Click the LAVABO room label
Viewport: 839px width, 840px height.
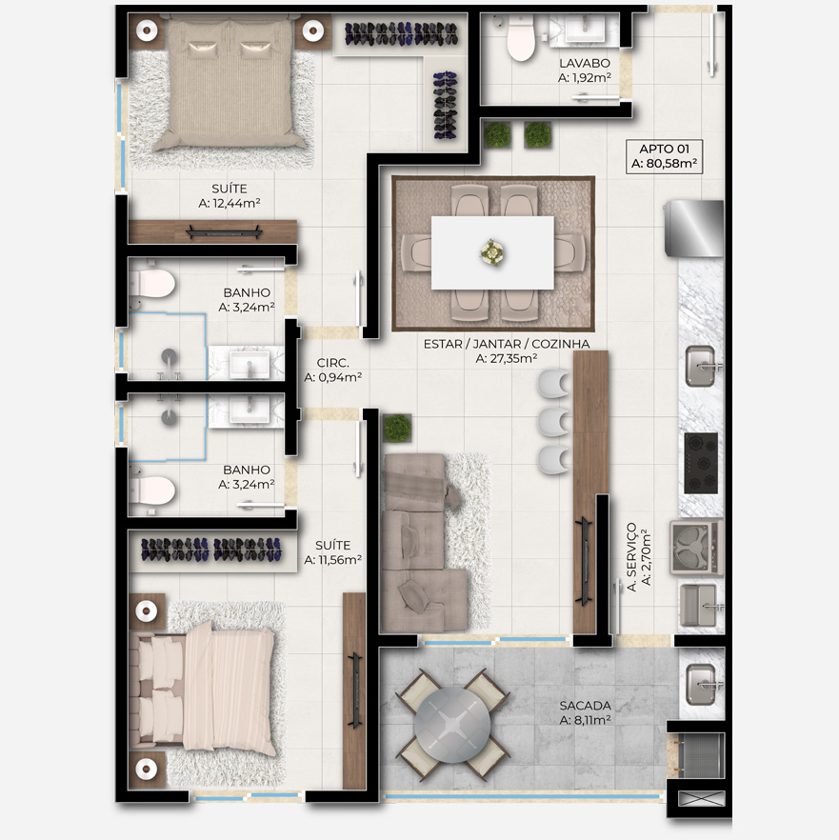(585, 63)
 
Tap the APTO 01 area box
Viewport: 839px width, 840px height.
(664, 156)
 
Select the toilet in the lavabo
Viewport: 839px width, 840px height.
(520, 38)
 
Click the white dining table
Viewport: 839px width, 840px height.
(492, 252)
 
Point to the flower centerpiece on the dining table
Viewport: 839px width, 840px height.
(491, 252)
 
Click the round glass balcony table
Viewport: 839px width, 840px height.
(452, 725)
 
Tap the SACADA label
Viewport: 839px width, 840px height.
(585, 706)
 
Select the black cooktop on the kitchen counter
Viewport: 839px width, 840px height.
(701, 463)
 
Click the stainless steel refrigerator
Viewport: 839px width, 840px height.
(694, 229)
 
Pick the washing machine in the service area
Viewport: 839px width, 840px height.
(696, 547)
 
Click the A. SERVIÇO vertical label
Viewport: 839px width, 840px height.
(632, 557)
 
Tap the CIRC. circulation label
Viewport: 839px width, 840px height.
(332, 363)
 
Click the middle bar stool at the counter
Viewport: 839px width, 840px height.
(554, 422)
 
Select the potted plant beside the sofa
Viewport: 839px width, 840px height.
(397, 428)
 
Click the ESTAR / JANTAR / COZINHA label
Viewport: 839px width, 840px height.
(507, 344)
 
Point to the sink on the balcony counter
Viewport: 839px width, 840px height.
(702, 684)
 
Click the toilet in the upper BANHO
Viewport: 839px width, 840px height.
(152, 284)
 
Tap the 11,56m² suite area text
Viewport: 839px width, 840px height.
(332, 560)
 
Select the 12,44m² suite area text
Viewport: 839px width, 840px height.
(230, 203)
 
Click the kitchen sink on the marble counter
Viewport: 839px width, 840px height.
(703, 366)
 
